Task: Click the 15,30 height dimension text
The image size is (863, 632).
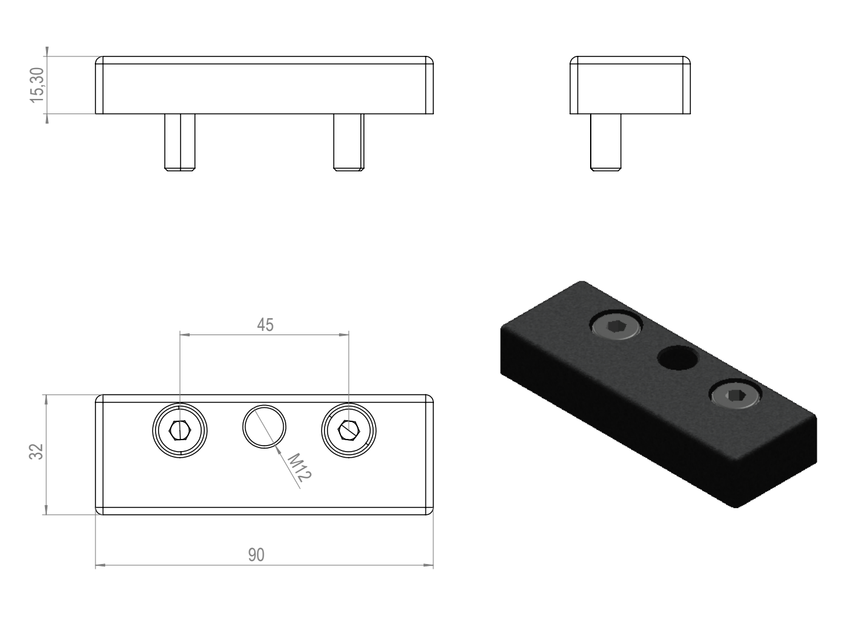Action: [x=37, y=85]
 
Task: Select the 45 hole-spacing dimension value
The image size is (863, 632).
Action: [x=265, y=325]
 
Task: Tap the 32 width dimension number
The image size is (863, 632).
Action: [x=36, y=452]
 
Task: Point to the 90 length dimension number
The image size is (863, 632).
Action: [x=256, y=555]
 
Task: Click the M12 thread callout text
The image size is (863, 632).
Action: [x=300, y=467]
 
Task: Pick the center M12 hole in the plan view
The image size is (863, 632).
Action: [x=264, y=426]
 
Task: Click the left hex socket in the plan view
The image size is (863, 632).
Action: [x=180, y=430]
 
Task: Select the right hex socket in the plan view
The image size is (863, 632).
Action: [x=349, y=430]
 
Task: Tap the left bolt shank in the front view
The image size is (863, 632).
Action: [x=180, y=142]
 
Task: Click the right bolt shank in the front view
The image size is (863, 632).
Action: [x=349, y=142]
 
